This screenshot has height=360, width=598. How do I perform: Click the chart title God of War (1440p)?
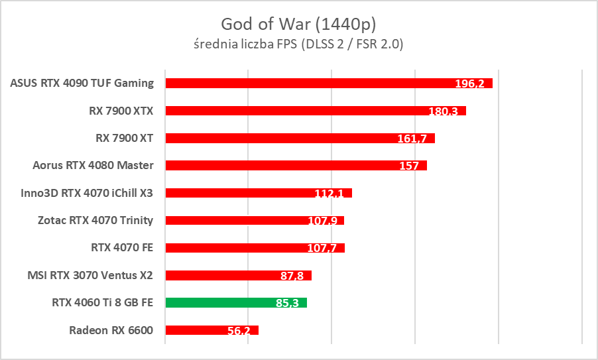point(298,25)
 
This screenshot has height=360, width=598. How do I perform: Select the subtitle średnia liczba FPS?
point(298,44)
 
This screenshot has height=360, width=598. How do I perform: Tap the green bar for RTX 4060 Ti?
point(236,303)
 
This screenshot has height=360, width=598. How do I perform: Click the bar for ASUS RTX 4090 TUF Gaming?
point(329,83)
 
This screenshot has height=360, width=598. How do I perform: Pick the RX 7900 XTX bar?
point(316,111)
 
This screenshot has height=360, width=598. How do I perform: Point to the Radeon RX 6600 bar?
point(211,330)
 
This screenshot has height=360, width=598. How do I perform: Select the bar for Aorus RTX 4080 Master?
point(296,165)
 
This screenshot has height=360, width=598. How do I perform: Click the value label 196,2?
point(469,84)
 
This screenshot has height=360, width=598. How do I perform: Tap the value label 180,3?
point(443,111)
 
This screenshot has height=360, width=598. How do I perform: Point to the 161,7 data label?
point(412,139)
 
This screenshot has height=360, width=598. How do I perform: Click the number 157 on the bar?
point(409,166)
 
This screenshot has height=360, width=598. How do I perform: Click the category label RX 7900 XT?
point(125,138)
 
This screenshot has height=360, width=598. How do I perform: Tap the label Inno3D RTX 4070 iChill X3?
point(88,193)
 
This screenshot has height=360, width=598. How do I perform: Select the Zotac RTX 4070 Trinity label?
point(95,220)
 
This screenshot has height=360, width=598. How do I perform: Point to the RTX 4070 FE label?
point(122,248)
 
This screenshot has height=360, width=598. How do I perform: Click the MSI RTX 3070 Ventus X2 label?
point(90,275)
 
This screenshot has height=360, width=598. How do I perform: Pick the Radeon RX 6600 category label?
point(111,330)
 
